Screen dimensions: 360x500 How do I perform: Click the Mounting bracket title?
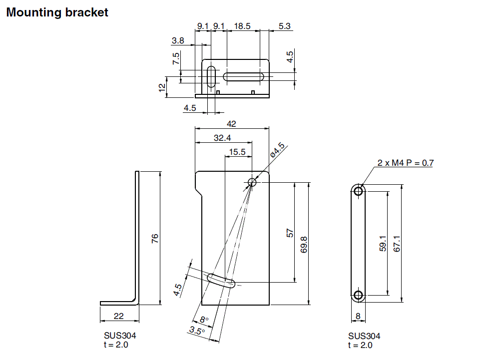point(57,12)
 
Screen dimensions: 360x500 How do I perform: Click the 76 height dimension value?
point(155,238)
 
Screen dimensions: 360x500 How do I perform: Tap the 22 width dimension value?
point(118,316)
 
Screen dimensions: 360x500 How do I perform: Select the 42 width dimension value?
point(231,124)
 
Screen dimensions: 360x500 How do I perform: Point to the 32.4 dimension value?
point(222,138)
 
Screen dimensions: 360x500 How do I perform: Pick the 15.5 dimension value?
point(237,152)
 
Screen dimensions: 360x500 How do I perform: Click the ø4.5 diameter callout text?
point(277,150)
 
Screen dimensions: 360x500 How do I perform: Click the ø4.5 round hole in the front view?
point(252,183)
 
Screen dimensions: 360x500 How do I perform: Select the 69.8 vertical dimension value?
point(304,244)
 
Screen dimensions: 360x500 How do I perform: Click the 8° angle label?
point(203,320)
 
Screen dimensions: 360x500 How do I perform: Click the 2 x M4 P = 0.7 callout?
point(406,163)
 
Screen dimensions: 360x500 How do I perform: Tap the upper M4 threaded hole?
point(358,190)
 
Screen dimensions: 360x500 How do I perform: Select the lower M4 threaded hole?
point(358,295)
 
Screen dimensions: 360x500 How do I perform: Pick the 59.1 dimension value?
point(383,243)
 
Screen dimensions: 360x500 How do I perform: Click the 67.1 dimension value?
point(397,243)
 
